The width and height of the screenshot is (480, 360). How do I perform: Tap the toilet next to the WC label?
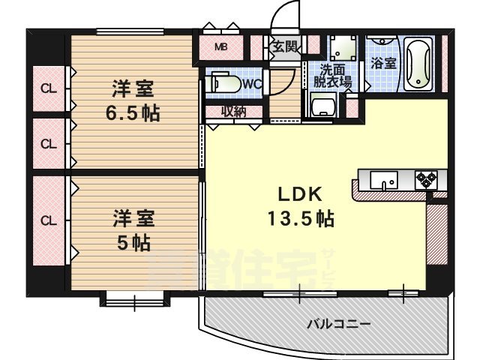[x=223, y=82]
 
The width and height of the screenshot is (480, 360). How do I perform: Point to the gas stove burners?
[x=426, y=180]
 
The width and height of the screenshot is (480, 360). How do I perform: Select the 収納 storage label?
[x=234, y=112]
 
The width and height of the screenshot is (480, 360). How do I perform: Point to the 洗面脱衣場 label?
[x=332, y=75]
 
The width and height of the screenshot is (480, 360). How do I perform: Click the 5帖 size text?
[x=133, y=242]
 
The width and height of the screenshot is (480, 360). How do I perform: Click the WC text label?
[x=251, y=83]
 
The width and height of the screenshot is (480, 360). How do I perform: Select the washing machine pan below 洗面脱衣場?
[x=324, y=107]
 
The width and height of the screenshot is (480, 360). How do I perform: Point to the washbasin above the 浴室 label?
[x=382, y=43]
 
